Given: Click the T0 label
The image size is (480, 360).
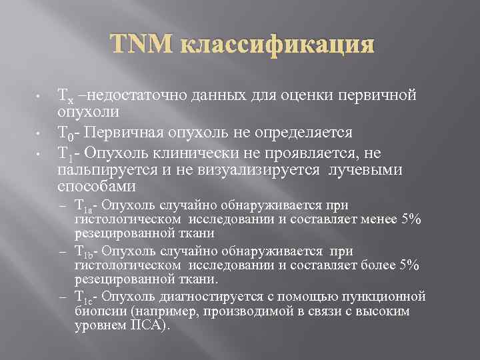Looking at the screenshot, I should tap(65, 132).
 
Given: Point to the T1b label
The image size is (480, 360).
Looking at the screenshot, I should tap(84, 252).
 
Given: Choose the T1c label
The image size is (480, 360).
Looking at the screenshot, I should tap(84, 297).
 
